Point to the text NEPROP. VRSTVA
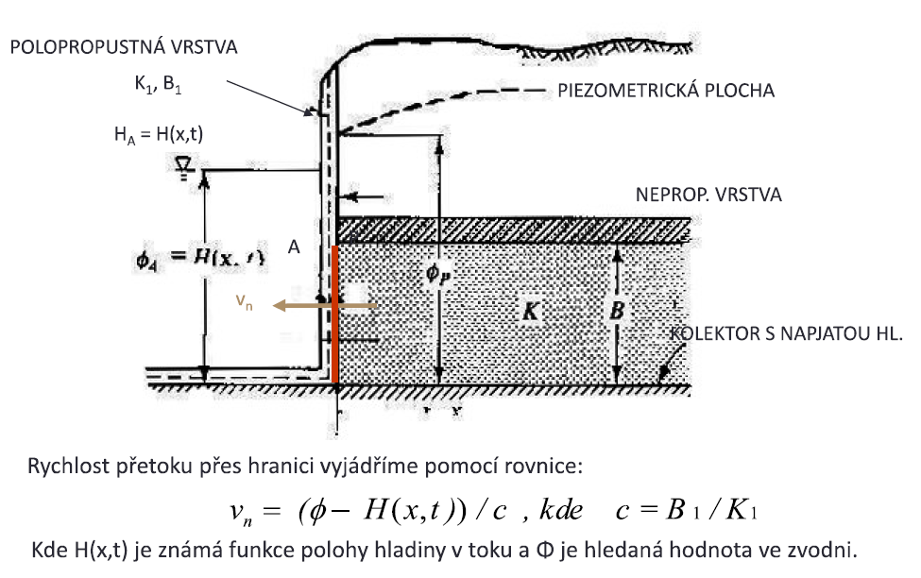pos(709,195)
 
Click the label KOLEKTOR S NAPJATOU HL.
pos(787,333)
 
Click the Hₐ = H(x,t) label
pos(158,135)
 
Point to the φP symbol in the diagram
pos(436,276)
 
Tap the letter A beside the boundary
pos(294,246)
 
